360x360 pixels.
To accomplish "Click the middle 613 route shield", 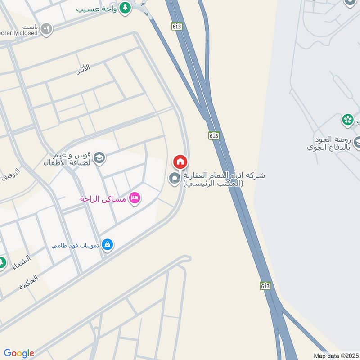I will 214,135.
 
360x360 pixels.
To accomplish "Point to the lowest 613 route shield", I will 265,286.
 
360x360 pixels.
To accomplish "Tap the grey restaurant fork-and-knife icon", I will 46,30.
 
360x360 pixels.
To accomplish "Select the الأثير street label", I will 83,67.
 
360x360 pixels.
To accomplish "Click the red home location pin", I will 180,162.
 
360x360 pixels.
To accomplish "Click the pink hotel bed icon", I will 134,198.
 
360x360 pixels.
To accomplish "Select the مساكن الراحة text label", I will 103,198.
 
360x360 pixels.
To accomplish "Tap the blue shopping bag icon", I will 107,244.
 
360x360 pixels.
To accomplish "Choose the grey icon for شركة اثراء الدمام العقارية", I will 174,179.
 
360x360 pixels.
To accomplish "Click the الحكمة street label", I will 28,282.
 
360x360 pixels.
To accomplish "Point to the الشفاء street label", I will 22,262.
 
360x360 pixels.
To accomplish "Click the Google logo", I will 19,353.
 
